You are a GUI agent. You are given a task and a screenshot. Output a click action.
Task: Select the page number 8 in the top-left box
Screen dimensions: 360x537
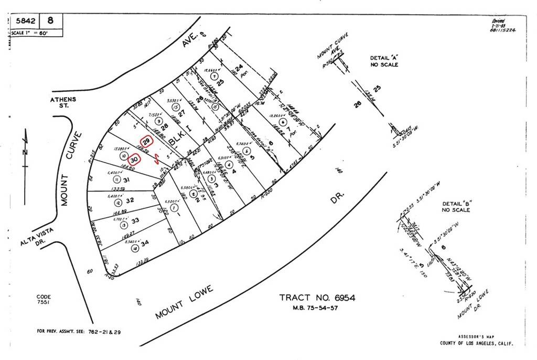50,21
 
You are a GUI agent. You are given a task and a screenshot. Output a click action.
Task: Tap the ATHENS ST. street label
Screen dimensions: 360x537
63,102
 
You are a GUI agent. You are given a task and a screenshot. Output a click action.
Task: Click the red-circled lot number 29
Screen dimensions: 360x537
147,142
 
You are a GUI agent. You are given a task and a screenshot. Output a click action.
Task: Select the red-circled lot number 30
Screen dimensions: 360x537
134,159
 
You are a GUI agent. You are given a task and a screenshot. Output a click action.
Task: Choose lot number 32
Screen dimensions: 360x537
130,200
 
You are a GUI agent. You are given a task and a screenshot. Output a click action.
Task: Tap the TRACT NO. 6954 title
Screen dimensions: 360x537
317,298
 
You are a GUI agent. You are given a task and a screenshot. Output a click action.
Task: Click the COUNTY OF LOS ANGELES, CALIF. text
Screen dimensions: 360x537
477,343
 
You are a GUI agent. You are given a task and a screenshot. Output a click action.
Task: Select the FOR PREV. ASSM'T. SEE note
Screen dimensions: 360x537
70,331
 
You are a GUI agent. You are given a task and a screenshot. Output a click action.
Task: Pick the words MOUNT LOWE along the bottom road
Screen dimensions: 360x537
184,303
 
